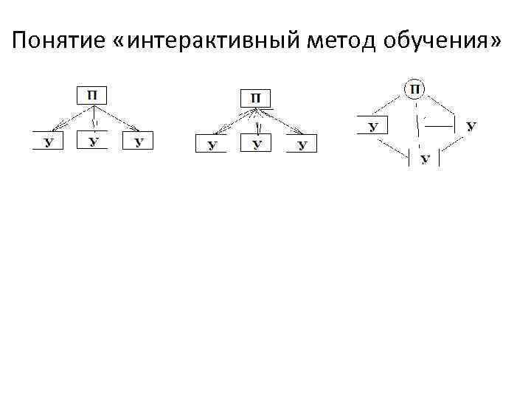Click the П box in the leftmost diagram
click(x=92, y=95)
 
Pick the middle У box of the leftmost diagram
click(x=93, y=141)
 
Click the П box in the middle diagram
click(x=255, y=99)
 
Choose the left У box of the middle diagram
click(x=211, y=144)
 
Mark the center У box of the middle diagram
click(x=256, y=144)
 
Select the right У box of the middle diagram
click(x=301, y=144)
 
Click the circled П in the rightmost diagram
click(x=414, y=89)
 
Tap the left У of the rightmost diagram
click(x=373, y=126)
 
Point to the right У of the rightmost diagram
click(x=471, y=126)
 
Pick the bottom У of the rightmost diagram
click(x=424, y=159)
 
